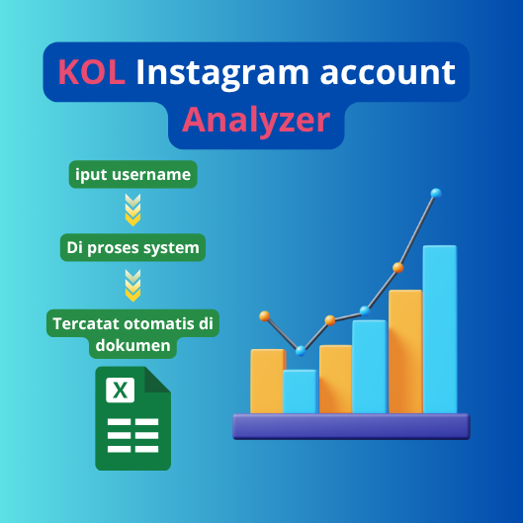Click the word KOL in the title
coord(92,72)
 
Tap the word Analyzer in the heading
coord(256,121)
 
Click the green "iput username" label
coord(133,174)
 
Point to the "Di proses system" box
coord(132,247)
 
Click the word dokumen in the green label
coord(132,345)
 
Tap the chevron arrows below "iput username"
coord(132,210)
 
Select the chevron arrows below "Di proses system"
coord(132,286)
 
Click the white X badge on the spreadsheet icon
coord(120,390)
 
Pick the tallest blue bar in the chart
coord(440,329)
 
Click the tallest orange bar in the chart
coord(405,352)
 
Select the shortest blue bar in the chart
coord(300,392)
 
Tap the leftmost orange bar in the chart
coord(268,382)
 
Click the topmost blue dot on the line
coord(436,193)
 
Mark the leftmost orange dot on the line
coord(265,315)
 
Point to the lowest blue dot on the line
coord(301,351)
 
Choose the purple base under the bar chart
coord(351,426)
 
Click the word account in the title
coord(388,73)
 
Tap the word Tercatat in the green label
coord(86,323)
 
